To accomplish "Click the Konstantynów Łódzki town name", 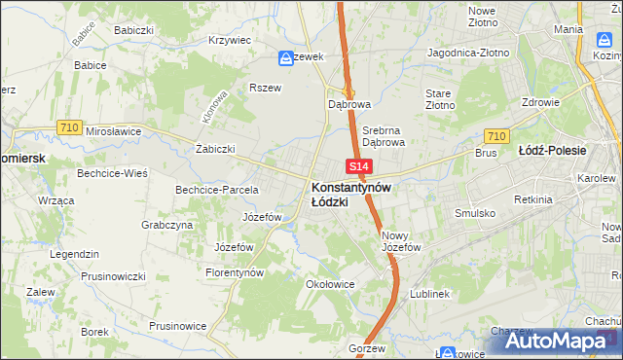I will click(350, 194).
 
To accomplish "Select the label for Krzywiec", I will click(230, 41).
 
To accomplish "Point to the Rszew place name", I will click(265, 87).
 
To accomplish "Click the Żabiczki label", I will click(216, 149).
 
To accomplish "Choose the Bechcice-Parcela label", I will click(216, 189).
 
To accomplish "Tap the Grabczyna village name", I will click(166, 224).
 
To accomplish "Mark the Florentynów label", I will click(235, 273).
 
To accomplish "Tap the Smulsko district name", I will click(475, 212).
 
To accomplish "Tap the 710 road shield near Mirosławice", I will click(68, 126).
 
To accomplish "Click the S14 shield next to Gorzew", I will click(358, 332).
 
